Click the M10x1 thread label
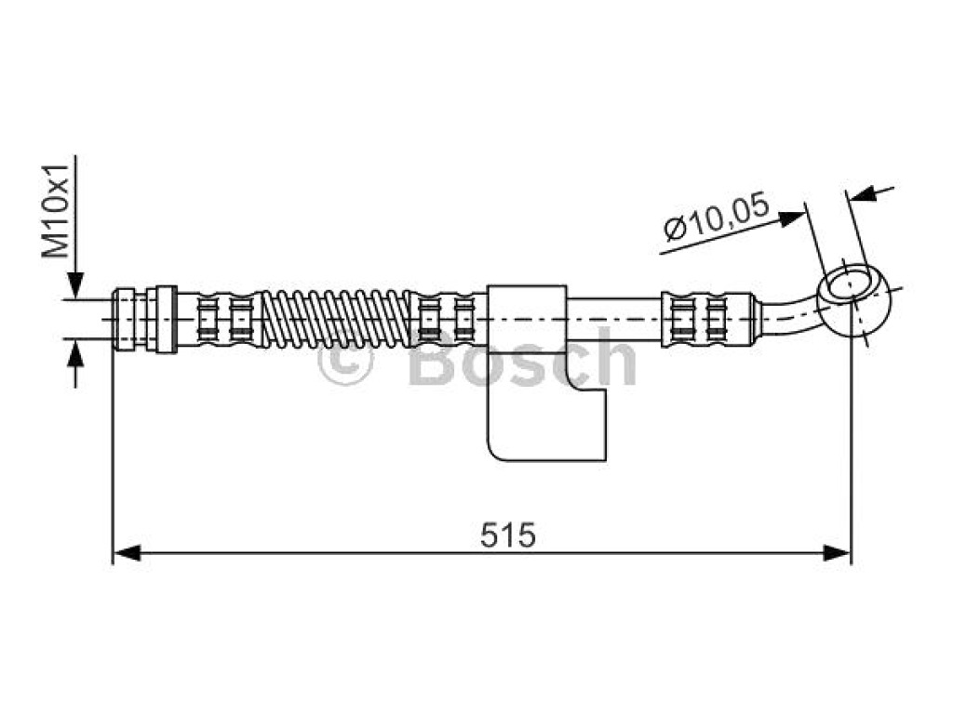55,211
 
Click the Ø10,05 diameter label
717,218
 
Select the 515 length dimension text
508,535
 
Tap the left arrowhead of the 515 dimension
127,552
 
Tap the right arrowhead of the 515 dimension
837,552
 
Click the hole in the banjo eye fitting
850,284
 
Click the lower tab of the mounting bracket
546,423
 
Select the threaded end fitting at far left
145,319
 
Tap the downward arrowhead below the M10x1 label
75,284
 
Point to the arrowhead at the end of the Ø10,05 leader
793,218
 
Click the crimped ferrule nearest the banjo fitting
708,320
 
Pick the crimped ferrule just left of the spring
223,319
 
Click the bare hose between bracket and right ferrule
614,319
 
